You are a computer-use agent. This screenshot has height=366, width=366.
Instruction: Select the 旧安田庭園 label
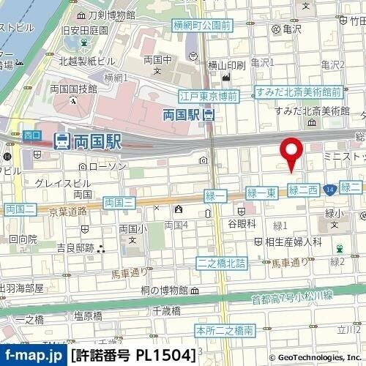pos(85,30)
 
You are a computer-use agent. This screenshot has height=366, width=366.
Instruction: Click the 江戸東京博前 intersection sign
pos(209,96)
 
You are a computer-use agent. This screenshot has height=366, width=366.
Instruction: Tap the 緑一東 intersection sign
pos(261,192)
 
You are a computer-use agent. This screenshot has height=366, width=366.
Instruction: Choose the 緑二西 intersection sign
pos(303,190)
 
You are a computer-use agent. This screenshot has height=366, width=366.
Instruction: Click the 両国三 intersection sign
pos(118,201)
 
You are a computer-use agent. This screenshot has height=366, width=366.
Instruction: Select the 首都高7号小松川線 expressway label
pos(292,296)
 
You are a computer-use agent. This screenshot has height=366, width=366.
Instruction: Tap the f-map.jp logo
pos(32,356)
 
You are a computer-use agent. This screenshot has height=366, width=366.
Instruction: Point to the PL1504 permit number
pos(165,356)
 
